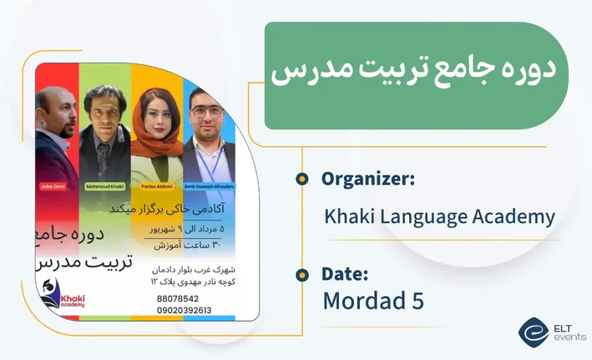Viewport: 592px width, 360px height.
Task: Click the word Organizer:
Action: click(368, 179)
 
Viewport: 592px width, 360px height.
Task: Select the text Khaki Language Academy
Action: click(439, 217)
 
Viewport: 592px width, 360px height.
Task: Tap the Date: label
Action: click(345, 274)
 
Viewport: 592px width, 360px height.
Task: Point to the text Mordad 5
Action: click(373, 300)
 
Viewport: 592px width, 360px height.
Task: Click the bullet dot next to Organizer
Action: click(302, 179)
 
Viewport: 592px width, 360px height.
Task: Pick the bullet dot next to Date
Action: click(302, 274)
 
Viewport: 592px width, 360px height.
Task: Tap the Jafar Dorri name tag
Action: click(56, 187)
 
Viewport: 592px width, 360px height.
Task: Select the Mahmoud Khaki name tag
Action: click(104, 187)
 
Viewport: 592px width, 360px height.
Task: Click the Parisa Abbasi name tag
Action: click(157, 187)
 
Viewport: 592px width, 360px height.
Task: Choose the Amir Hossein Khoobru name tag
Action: click(210, 187)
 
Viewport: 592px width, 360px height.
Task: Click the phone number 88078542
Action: click(178, 298)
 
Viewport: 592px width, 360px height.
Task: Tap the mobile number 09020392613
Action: click(184, 310)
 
